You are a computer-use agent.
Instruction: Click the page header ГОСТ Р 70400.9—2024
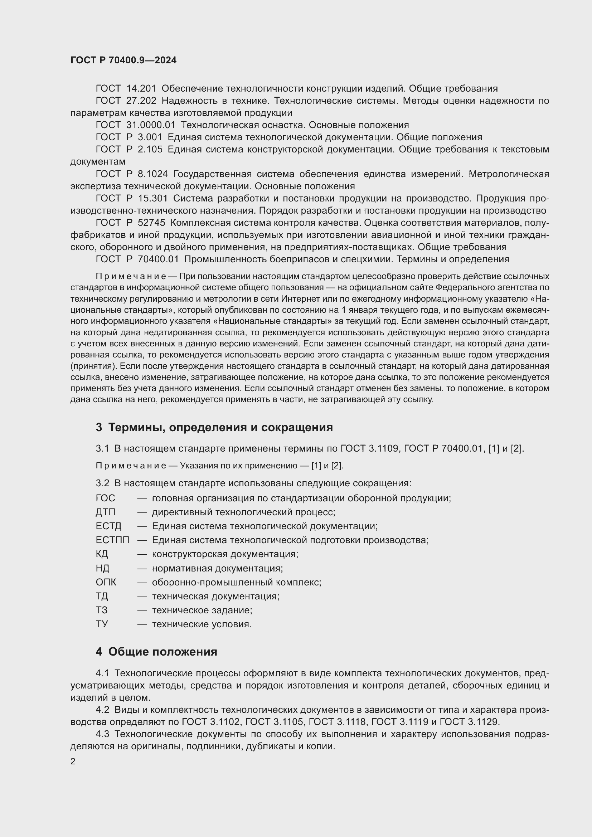pos(123,60)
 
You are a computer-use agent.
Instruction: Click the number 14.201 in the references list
pos(141,89)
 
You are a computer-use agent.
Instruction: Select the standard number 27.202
pos(141,101)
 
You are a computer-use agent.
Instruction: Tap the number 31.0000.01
pos(151,125)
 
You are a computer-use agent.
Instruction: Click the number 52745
pos(151,223)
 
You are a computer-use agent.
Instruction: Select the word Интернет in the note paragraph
pos(297,298)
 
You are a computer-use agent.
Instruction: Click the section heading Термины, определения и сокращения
pos(220,427)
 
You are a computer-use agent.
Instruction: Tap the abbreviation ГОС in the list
pos(105,498)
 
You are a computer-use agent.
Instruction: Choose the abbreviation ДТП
pos(105,512)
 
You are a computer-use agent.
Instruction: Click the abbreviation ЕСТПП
pos(112,540)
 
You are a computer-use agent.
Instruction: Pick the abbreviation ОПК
pos(106,582)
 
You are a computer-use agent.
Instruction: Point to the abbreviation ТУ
pos(102,624)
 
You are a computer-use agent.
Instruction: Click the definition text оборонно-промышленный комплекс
pos(236,582)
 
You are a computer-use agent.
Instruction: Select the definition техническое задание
pos(202,610)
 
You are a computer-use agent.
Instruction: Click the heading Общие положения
pos(162,652)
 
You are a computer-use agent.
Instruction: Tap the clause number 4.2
pos(102,710)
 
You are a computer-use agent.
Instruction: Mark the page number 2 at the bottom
pos(73,761)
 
